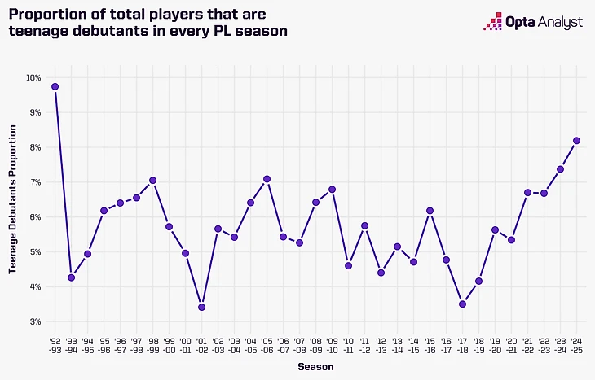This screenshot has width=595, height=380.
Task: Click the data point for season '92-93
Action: point(55,86)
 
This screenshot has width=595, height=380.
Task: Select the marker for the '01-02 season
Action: point(201,307)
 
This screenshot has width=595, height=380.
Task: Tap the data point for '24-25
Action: point(576,140)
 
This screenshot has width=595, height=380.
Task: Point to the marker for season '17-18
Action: point(462,304)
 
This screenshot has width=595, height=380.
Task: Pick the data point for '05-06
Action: point(267,179)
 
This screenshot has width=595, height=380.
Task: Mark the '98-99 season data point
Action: point(152,180)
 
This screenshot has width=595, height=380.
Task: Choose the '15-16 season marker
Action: point(430,211)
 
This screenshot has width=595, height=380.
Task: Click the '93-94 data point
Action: point(71,277)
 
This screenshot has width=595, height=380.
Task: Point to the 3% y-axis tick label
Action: point(35,321)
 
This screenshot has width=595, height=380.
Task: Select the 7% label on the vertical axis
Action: point(35,182)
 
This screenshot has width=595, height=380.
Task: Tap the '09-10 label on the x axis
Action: point(332,347)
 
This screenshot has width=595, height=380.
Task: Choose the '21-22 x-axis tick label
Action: point(527,347)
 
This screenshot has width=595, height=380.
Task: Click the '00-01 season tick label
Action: point(185,347)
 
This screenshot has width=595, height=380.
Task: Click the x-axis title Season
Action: point(315,368)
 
